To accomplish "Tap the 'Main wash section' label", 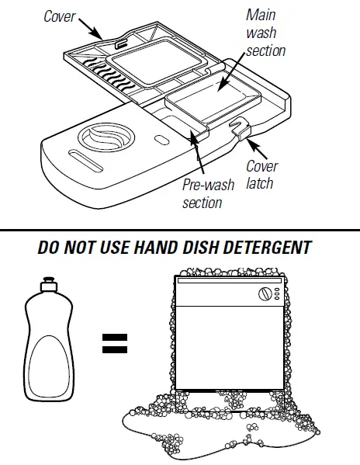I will tap(265, 33).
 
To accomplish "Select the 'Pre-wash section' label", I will tap(202, 194).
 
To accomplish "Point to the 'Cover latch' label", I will tap(261, 175).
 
